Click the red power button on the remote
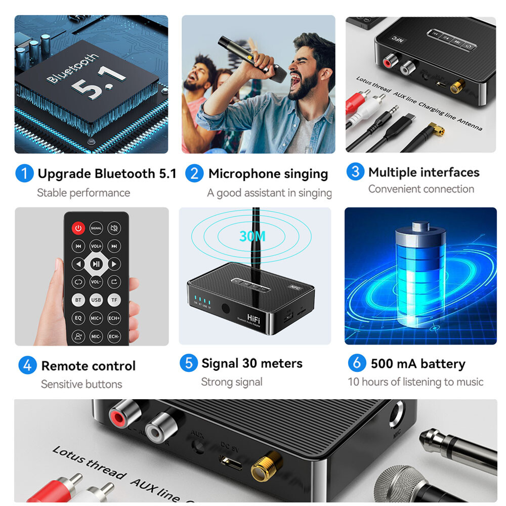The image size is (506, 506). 78,228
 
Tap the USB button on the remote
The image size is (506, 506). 96,300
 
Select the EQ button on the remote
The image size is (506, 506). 78,318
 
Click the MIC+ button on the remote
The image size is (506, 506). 96,318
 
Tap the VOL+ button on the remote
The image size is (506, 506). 96,246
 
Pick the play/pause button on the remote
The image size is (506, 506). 96,264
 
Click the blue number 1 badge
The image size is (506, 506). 24,174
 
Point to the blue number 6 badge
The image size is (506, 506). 357,363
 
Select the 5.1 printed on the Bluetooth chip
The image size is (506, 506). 98,81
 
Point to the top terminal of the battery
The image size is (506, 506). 420,226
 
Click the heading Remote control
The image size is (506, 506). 89,366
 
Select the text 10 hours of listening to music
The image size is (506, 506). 415,382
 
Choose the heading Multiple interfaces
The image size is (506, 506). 424,173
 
